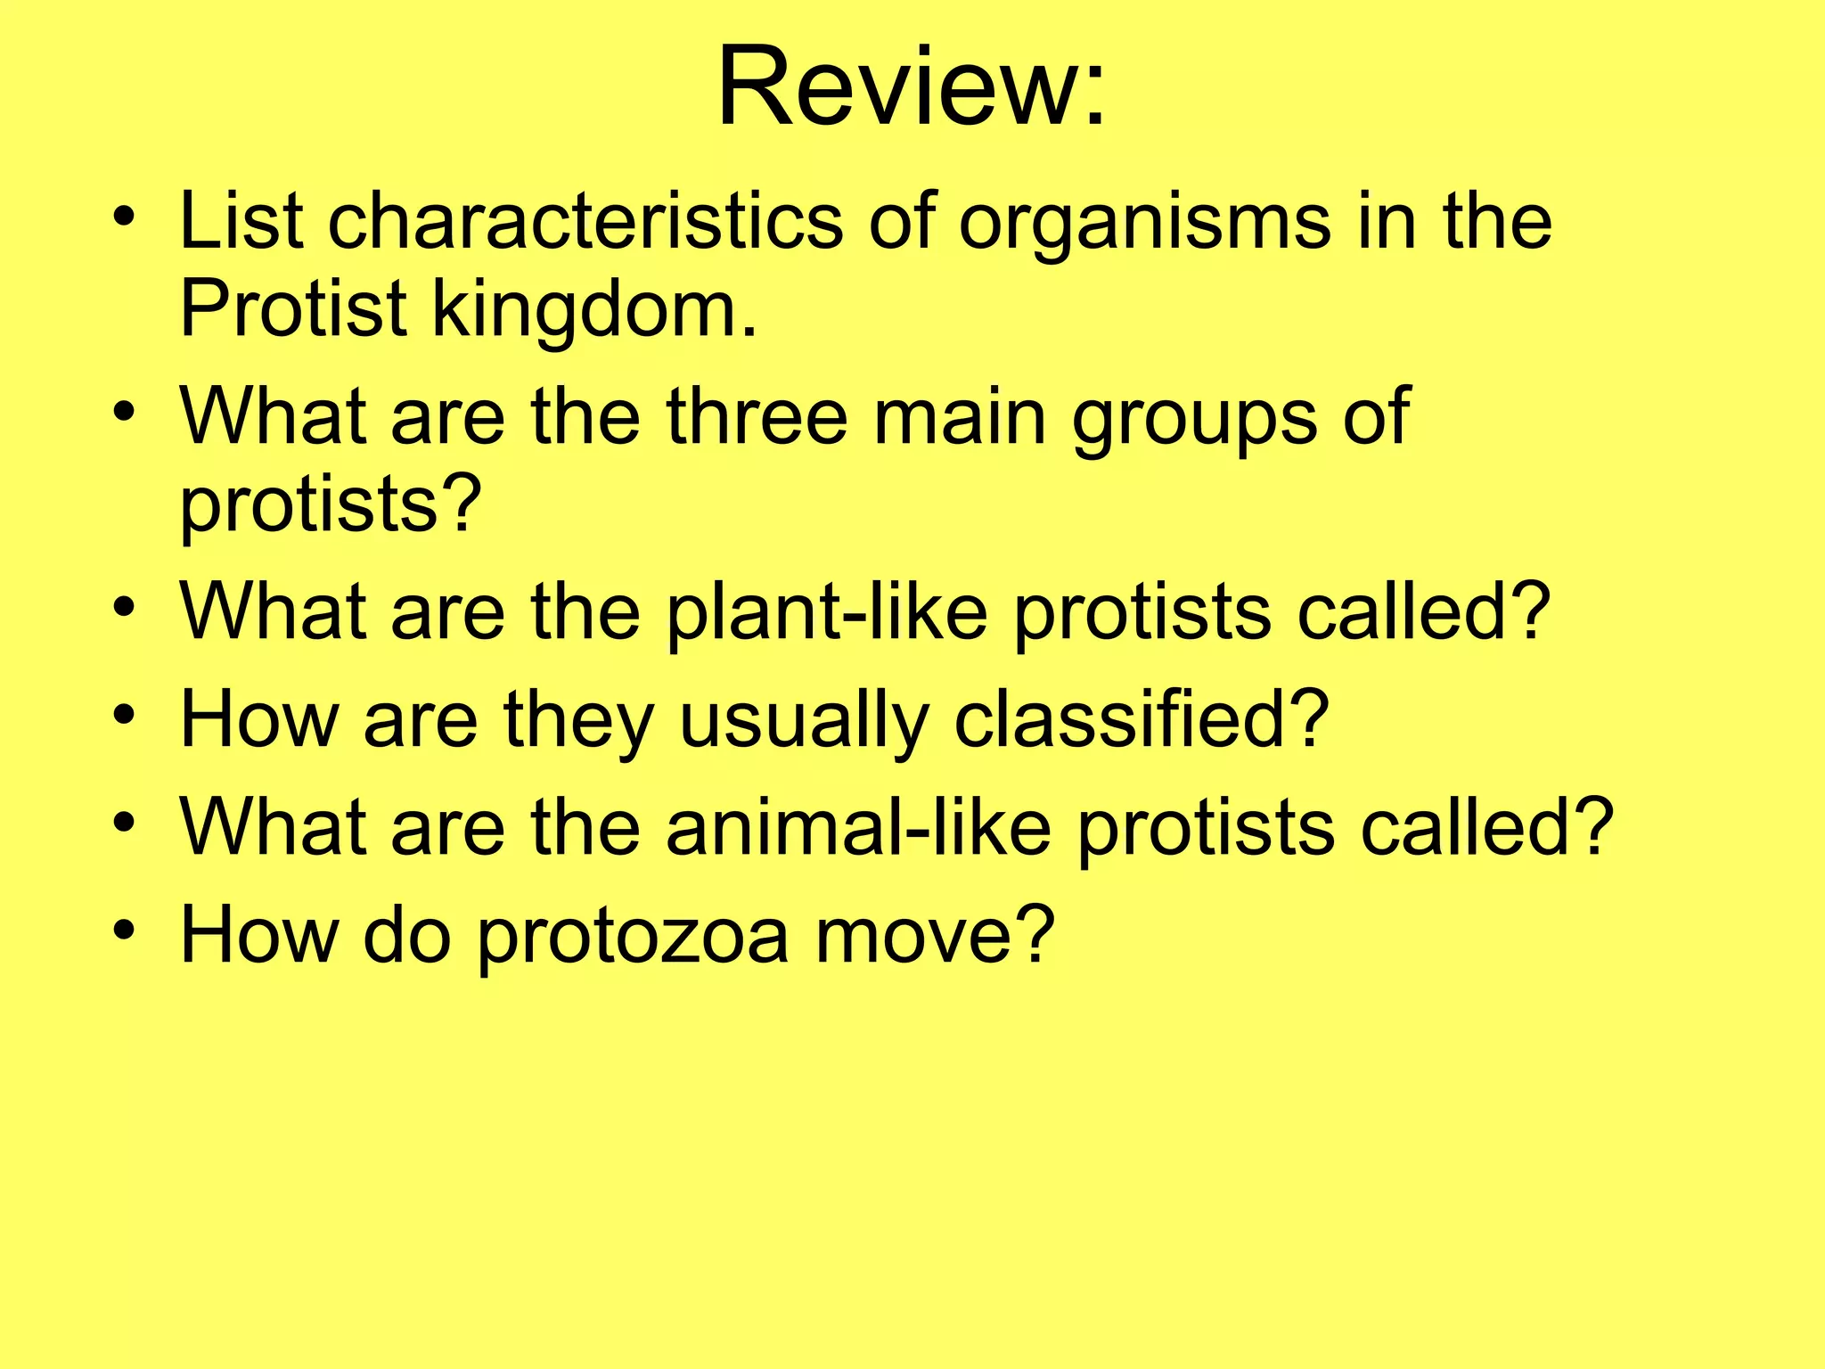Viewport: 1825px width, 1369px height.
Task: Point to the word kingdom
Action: pos(594,311)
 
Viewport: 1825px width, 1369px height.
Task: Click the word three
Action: pos(757,416)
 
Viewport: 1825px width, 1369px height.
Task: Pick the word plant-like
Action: pos(826,613)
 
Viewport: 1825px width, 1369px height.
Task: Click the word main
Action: pos(959,416)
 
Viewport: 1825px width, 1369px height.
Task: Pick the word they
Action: pos(579,721)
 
